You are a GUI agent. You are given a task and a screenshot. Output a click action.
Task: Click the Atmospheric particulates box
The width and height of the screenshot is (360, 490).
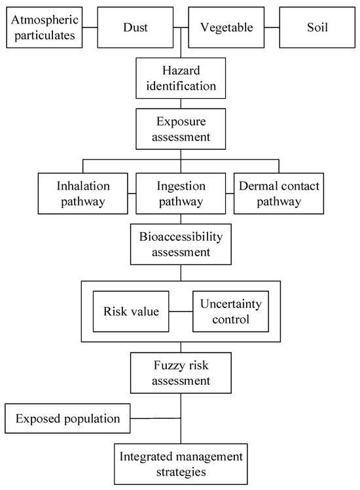click(x=45, y=28)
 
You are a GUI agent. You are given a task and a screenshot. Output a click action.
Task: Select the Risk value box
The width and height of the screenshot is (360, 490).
click(x=131, y=311)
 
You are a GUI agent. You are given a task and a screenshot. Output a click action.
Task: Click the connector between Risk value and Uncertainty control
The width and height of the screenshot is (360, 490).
click(x=181, y=311)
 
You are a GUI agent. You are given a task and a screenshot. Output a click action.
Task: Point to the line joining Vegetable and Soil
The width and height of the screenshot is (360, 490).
click(x=270, y=28)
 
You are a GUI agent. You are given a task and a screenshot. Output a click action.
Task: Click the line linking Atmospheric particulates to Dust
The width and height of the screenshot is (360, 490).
click(x=90, y=28)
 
